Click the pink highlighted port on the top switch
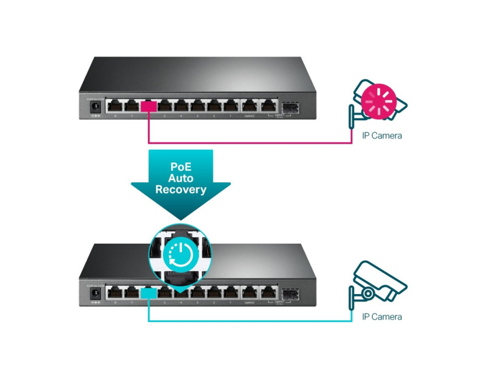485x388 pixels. coord(149,107)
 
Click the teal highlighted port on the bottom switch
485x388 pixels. coord(149,294)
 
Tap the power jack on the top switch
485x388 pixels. coord(94,107)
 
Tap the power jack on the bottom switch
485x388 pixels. coord(94,294)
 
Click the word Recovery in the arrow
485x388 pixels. coord(181,190)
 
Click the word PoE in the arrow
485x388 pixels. coord(181,166)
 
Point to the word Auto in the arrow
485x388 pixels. coord(181,178)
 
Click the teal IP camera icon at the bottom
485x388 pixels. coord(378,283)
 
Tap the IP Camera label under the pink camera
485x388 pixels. coord(381,136)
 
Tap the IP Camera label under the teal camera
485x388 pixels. coord(381,316)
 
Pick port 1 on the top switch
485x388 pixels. coord(230,107)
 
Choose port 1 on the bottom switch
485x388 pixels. coord(230,294)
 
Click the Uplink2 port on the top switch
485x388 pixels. coord(250,107)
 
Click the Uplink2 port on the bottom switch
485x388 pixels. coord(250,294)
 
